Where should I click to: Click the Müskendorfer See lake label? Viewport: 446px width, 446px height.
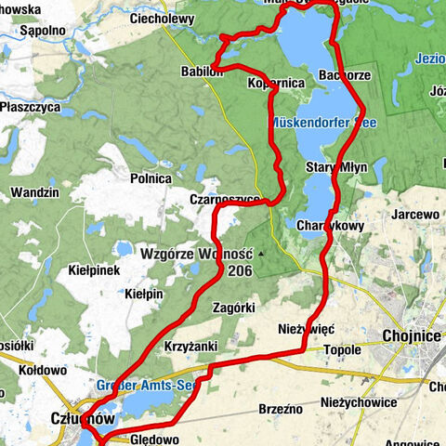point(321,122)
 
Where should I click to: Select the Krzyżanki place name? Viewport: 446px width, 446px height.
point(190,345)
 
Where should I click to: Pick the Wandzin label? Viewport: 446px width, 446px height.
point(34,192)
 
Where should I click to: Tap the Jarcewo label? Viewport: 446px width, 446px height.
point(416,214)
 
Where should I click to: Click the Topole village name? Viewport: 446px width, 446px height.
point(341,350)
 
